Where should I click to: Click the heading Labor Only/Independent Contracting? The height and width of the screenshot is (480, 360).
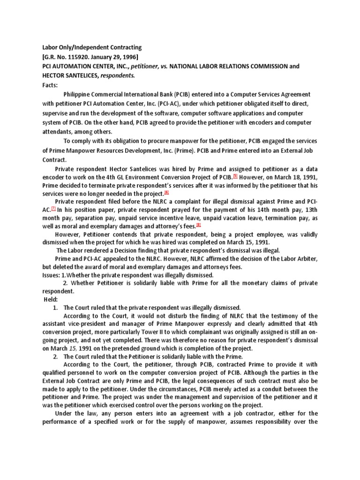[89, 47]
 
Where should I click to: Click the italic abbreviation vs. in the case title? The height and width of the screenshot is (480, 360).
[162, 66]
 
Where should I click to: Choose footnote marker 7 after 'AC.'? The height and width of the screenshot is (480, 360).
[53, 210]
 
